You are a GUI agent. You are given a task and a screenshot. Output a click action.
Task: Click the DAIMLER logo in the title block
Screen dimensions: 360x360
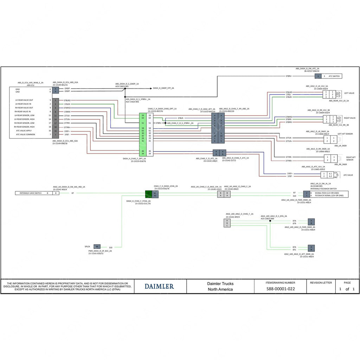click(159, 286)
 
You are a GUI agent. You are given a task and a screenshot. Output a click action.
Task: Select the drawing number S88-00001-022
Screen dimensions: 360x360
click(281, 289)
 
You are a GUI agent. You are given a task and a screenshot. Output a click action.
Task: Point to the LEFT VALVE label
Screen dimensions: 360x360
click(349, 93)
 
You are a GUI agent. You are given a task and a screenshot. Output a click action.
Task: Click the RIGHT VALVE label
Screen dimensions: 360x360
click(349, 118)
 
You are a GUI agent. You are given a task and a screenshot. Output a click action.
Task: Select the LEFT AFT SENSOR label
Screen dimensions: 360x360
click(345, 134)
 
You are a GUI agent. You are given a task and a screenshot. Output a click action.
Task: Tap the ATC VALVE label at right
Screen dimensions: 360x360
click(348, 175)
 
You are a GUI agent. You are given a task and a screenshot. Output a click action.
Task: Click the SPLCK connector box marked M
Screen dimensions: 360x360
click(97, 246)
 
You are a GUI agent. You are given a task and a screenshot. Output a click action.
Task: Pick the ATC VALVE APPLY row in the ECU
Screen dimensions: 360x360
click(24, 131)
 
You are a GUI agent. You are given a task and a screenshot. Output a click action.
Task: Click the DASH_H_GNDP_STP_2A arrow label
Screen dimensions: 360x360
click(163, 88)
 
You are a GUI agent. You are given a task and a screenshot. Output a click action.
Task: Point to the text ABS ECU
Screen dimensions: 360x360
click(31, 85)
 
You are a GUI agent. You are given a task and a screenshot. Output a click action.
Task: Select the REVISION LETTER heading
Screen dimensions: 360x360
click(320, 282)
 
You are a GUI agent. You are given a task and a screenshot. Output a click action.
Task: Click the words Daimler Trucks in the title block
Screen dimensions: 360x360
click(220, 283)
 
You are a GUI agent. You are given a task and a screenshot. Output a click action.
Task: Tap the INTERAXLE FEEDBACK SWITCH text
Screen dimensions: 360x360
click(323, 189)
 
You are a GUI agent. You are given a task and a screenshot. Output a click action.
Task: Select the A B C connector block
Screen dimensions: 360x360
click(227, 223)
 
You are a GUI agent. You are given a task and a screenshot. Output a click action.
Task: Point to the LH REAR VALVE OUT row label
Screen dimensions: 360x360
click(24, 100)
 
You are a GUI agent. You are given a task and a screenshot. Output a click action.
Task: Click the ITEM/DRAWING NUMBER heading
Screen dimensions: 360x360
click(281, 282)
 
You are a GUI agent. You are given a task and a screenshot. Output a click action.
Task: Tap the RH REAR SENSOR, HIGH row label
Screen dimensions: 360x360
click(25, 127)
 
